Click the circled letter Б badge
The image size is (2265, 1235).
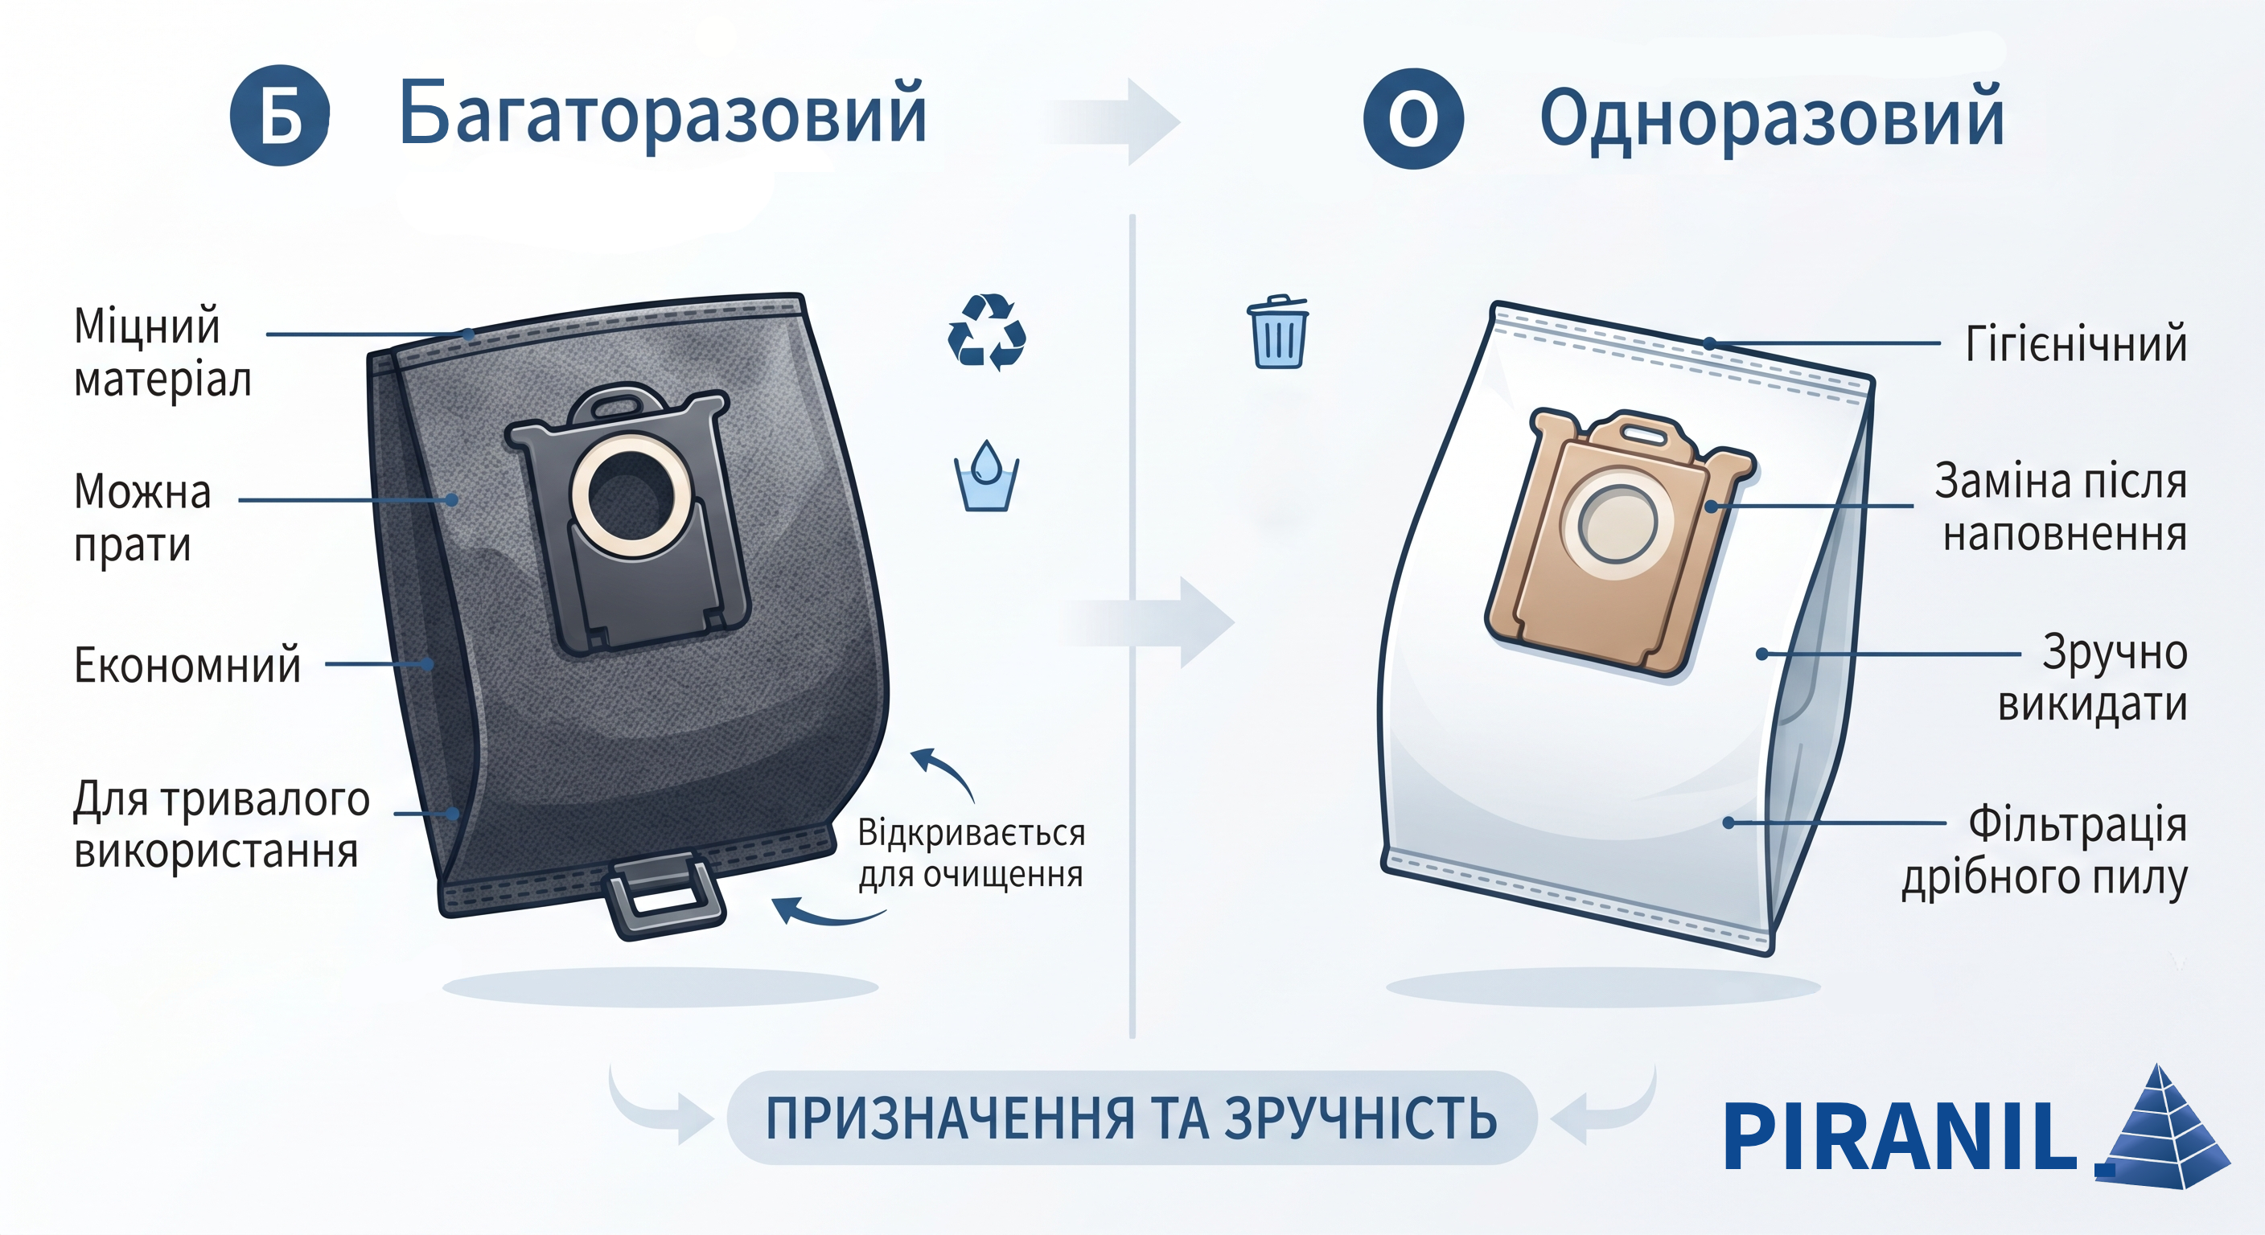(280, 115)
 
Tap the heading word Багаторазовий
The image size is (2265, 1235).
(663, 114)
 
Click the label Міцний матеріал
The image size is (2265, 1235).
(162, 352)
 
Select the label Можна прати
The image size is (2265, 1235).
(142, 518)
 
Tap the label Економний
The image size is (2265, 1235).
(187, 664)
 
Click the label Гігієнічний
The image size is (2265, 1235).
(2076, 343)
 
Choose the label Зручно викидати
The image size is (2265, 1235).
(2093, 679)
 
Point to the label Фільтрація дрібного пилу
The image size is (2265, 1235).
(2045, 851)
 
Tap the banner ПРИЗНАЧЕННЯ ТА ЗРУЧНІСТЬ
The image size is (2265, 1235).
(1132, 1118)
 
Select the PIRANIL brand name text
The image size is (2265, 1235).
(1900, 1137)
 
